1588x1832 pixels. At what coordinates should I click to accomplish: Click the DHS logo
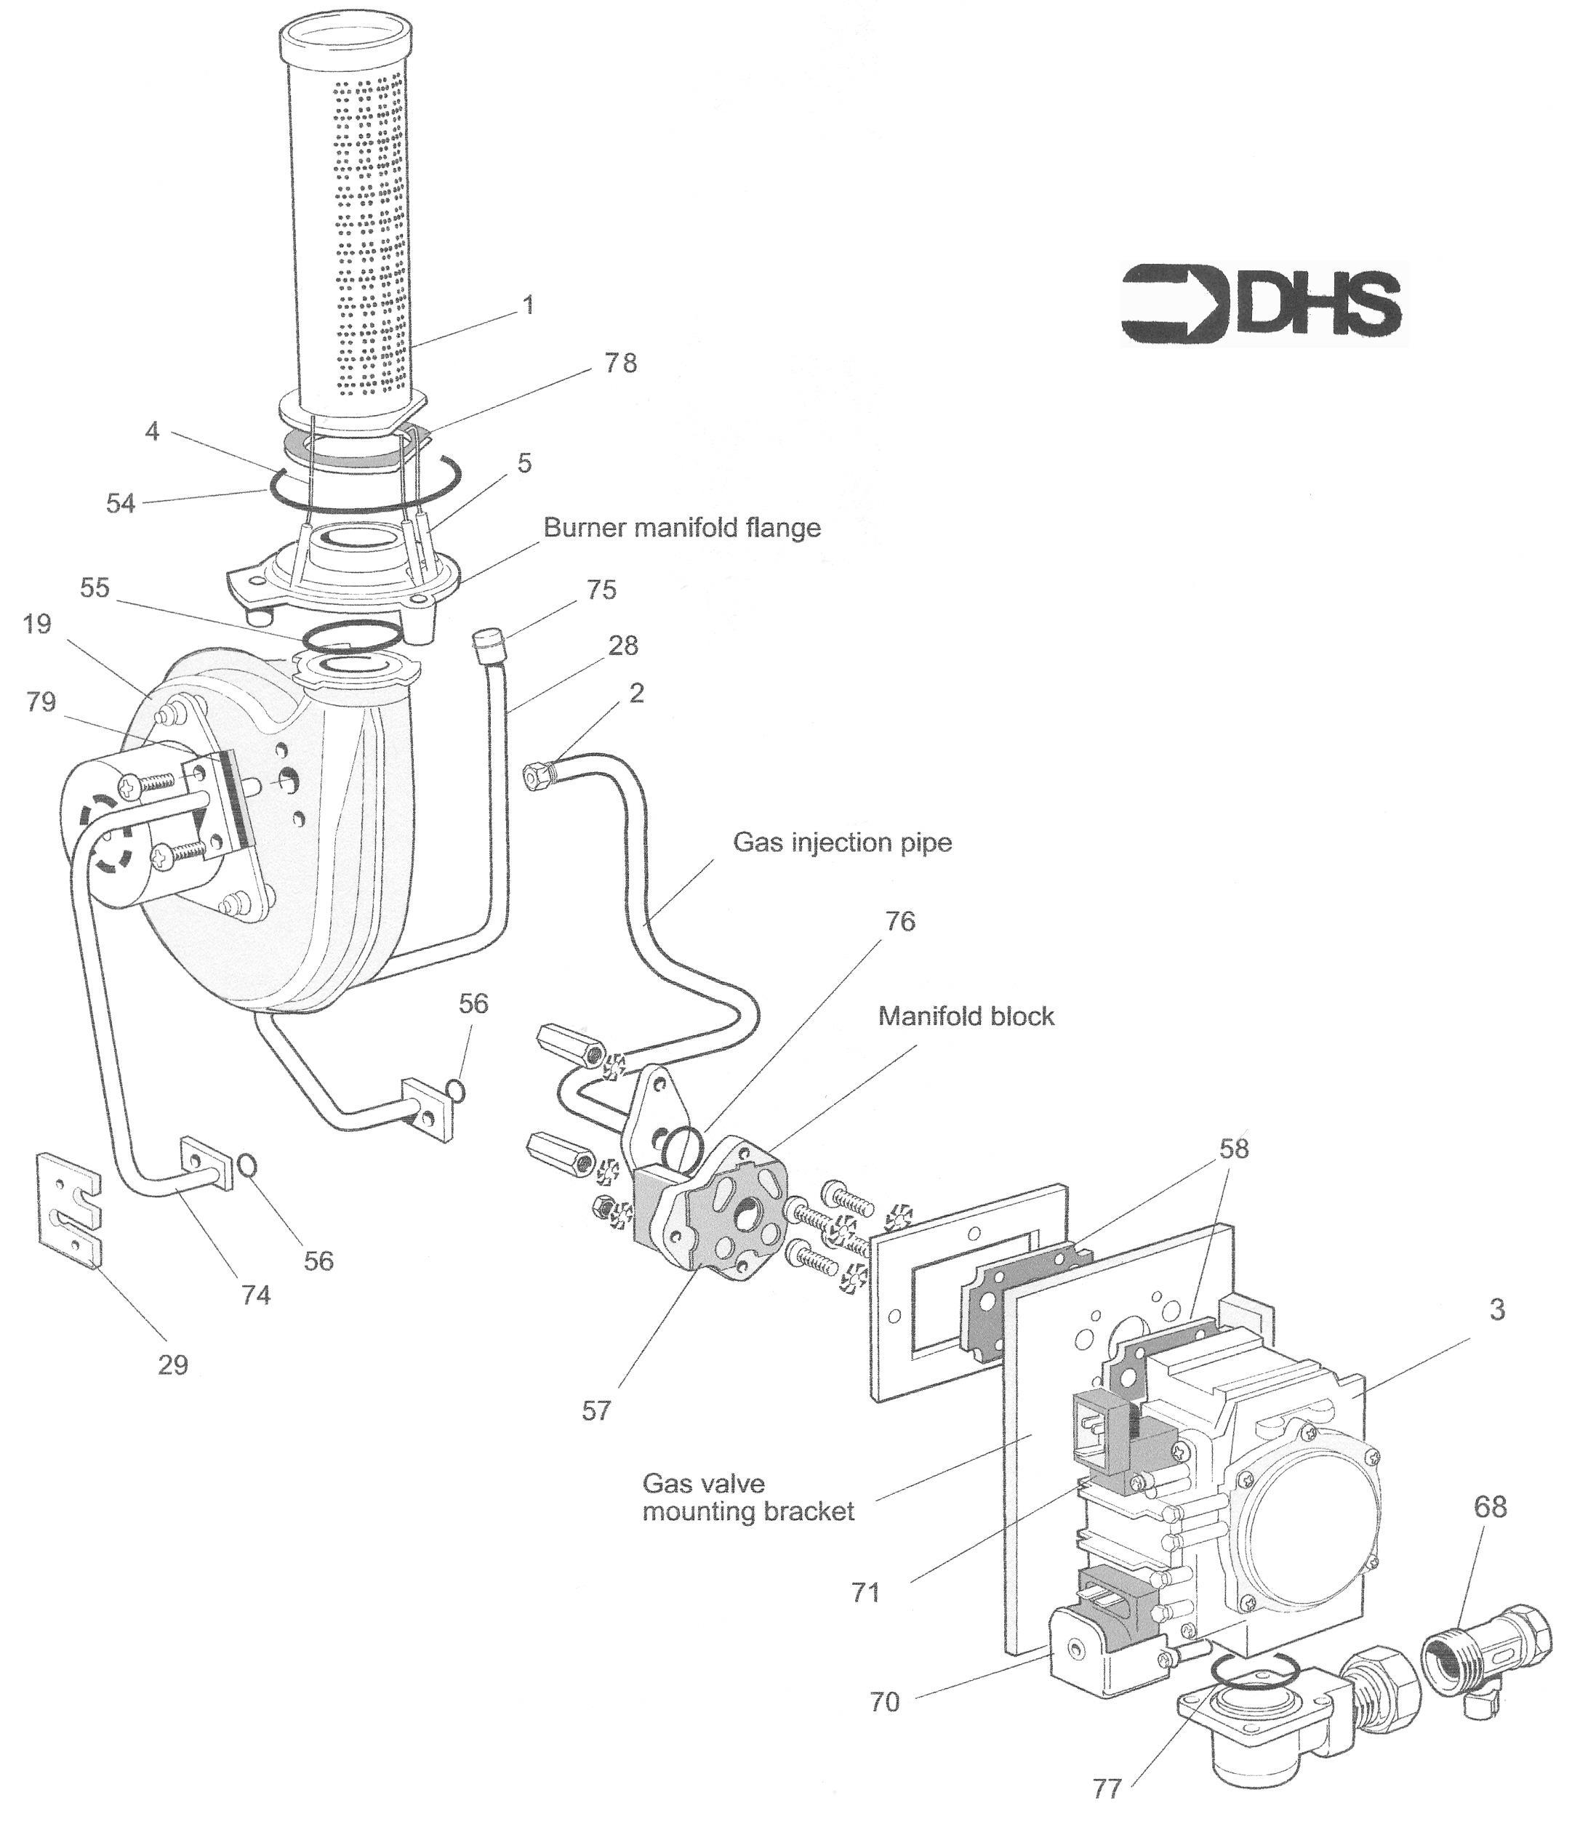(1262, 304)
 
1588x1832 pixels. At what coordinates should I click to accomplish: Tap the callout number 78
(620, 363)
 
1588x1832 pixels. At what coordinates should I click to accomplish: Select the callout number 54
(121, 503)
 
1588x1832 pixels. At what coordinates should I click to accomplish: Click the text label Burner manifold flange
(681, 528)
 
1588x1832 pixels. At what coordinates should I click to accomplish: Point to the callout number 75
(602, 590)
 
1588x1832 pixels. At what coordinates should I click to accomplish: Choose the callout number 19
(37, 624)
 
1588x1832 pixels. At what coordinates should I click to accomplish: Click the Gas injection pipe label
(842, 842)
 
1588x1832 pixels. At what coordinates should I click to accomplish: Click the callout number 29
(173, 1365)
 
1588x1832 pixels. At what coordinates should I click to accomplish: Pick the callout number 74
(255, 1295)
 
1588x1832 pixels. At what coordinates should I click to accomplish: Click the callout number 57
(596, 1411)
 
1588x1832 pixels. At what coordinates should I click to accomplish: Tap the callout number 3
(1496, 1309)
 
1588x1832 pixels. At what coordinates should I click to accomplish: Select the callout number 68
(1490, 1506)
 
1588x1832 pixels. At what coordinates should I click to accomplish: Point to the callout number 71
(865, 1592)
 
